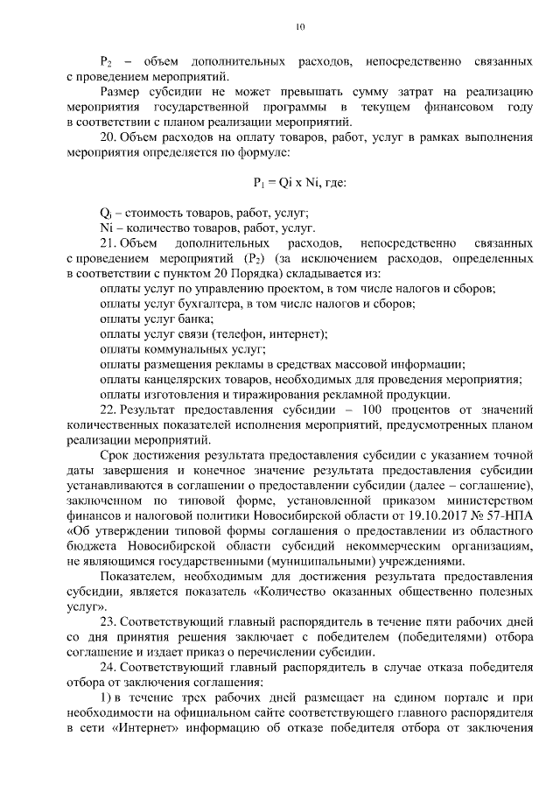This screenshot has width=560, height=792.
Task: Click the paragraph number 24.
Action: coord(108,668)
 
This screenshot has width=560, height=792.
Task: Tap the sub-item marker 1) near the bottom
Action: coord(106,697)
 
